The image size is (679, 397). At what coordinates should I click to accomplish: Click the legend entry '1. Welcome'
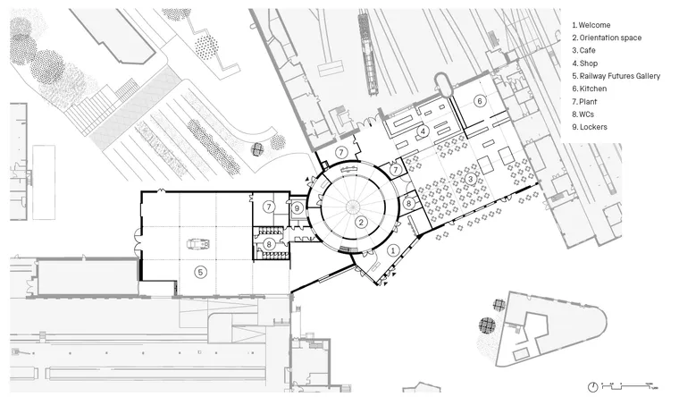pyautogui.click(x=593, y=25)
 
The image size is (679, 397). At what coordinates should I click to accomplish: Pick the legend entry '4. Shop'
pyautogui.click(x=588, y=63)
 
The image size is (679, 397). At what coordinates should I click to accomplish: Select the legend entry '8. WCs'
pyautogui.click(x=587, y=114)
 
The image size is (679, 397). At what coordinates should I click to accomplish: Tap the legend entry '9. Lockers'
pyautogui.click(x=591, y=127)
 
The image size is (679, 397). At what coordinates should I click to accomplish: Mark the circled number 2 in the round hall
pyautogui.click(x=360, y=222)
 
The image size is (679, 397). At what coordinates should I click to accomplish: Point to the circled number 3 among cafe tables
pyautogui.click(x=470, y=178)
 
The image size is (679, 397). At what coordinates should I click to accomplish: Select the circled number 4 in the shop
pyautogui.click(x=423, y=131)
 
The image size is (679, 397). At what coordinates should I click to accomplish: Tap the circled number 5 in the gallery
pyautogui.click(x=201, y=272)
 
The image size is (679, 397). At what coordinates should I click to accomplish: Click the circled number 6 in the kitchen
pyautogui.click(x=479, y=102)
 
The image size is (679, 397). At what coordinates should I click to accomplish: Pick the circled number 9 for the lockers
pyautogui.click(x=298, y=207)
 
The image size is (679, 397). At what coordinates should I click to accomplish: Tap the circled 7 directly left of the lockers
pyautogui.click(x=268, y=207)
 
